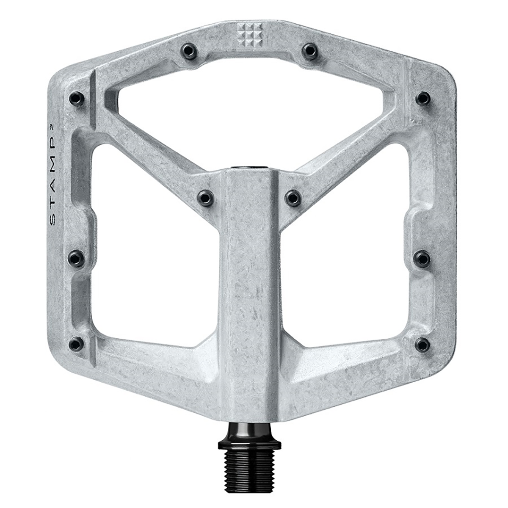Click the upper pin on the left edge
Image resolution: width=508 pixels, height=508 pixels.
coord(77,99)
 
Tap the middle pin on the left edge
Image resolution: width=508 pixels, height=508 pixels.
coord(77,257)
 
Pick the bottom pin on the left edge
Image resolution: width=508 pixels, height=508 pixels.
coord(77,343)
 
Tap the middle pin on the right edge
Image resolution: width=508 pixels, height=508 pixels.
coord(422,258)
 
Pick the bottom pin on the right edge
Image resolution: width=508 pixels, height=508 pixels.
coord(422,344)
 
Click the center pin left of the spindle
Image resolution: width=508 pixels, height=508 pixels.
coord(206,197)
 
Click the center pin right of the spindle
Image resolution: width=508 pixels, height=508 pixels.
coord(293,197)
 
